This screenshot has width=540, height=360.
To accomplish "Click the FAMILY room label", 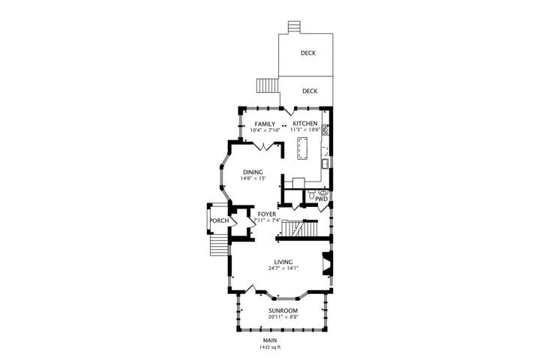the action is coord(265,124).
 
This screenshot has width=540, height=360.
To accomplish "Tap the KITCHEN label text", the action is coord(305,123).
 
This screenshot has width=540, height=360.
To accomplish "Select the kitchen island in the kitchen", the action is coord(303,148).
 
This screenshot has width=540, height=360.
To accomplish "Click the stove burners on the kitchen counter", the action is coord(325,130).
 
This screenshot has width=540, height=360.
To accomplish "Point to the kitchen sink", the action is coord(325,163).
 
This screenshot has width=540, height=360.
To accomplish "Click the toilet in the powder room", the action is coord(311,195).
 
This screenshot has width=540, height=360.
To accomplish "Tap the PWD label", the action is coord(321,199).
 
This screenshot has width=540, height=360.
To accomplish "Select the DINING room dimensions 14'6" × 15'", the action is coord(253,178).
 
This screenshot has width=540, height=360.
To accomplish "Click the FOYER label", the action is coord(267,214).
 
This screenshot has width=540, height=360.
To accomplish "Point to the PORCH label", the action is coord(219,220).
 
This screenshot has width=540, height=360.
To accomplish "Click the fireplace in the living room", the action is coord(328,263).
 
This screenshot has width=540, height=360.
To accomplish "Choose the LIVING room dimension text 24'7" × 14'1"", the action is coord(283,268).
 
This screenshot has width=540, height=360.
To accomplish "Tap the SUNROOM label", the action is coord(283,310).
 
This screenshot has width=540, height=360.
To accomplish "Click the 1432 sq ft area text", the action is coord(270,347).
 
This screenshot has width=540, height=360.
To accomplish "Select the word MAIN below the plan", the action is coord(270,340).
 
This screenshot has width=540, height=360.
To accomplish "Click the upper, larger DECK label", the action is coord(308,53).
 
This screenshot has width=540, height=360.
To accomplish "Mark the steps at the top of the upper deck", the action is coord(295,28).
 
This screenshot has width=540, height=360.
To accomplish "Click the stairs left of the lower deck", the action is coord(267,85).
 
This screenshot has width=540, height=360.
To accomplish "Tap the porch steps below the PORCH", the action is coord(219,245).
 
